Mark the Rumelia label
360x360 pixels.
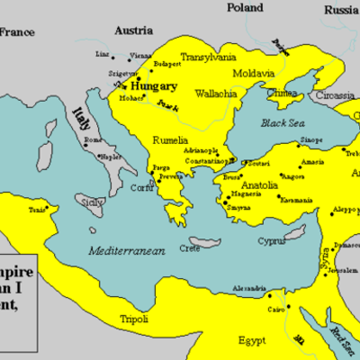pyautogui.click(x=170, y=140)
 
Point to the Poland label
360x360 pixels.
pyautogui.click(x=245, y=8)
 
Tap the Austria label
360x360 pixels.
pyautogui.click(x=134, y=31)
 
